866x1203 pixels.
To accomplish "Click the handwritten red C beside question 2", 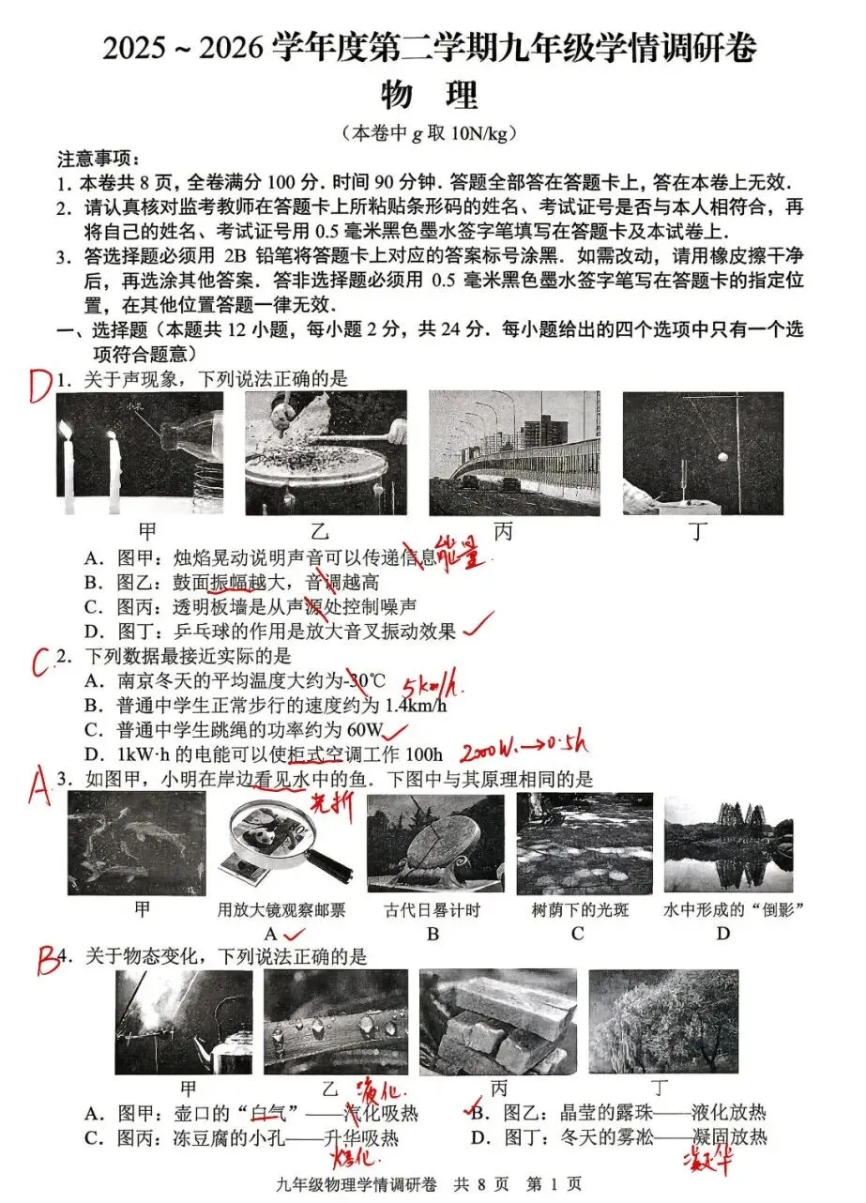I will pyautogui.click(x=40, y=662).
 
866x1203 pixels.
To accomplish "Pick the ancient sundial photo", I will pyautogui.click(x=434, y=845).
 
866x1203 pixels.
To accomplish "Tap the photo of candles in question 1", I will pyautogui.click(x=140, y=453).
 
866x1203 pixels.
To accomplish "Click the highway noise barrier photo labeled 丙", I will pyautogui.click(x=513, y=453).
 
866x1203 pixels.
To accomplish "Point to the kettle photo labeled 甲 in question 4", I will pyautogui.click(x=184, y=1022).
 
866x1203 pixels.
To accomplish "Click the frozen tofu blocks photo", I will pyautogui.click(x=497, y=1022).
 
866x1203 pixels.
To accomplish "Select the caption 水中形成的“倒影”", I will pyautogui.click(x=722, y=909).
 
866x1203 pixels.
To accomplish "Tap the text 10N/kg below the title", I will pyautogui.click(x=477, y=133).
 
